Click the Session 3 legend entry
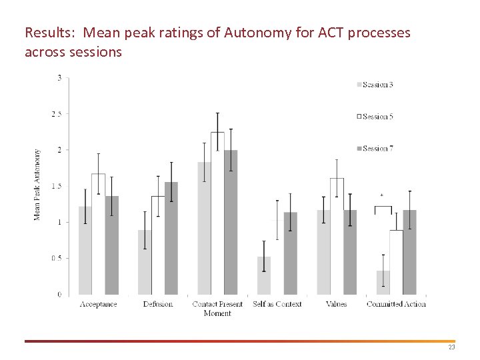click(376, 85)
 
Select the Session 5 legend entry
click(376, 117)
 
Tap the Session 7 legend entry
click(376, 149)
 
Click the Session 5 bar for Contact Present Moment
click(217, 213)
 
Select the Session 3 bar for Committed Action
click(383, 283)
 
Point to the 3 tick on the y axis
click(59, 78)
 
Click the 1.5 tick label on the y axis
click(57, 186)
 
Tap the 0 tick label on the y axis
click(59, 294)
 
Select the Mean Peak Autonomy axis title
click(37, 184)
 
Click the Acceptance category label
click(98, 305)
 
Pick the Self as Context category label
click(277, 305)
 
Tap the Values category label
click(337, 305)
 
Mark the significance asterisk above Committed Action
click(382, 195)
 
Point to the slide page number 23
click(451, 348)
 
